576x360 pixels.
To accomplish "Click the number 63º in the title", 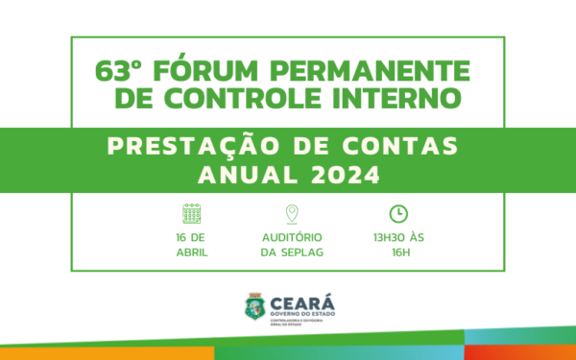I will pos(118,71).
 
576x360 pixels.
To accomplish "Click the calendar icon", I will pos(192,213).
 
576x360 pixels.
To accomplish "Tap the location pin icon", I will pos(292,213).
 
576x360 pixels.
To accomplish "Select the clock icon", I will pos(397,213).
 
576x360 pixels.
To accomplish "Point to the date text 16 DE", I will pos(192,237).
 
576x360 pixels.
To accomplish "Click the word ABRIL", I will pos(192,252).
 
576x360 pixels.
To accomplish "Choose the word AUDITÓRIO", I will pos(292,237).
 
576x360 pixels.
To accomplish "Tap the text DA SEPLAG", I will pos(292,252).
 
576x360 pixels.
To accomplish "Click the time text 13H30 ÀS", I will pos(396,237).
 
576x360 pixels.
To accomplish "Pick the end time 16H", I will pos(396,252).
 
